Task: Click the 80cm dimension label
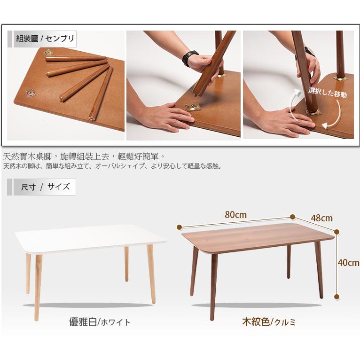(235, 215)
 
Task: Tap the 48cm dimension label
(321, 218)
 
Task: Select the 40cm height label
(348, 263)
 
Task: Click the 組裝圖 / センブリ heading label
(45, 39)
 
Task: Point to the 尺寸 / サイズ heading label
(45, 187)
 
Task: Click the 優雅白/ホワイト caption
(100, 322)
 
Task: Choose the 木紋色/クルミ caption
(269, 322)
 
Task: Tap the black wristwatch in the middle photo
(190, 58)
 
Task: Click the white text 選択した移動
(327, 92)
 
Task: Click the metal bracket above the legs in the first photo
(48, 53)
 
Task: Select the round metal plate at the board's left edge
(30, 93)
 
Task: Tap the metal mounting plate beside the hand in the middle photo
(193, 107)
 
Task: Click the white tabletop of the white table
(91, 238)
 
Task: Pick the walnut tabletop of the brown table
(258, 238)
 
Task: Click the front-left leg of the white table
(38, 287)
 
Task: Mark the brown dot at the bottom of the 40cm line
(337, 297)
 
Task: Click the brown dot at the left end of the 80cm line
(180, 227)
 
